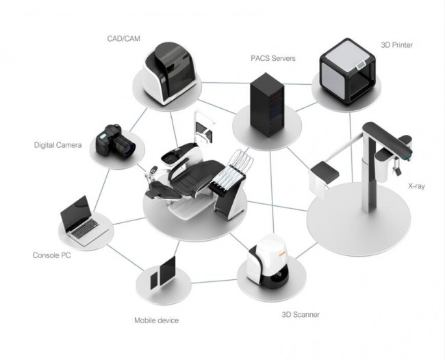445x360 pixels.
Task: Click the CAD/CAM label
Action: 123,38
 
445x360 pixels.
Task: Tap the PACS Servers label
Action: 273,58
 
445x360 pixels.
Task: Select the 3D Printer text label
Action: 397,44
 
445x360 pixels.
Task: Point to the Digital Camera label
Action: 58,145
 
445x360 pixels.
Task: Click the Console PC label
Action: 51,255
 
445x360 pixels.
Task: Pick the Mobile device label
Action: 156,320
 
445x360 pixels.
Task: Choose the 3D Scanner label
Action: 301,314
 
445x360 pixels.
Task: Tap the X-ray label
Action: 417,186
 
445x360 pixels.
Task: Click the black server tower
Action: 267,105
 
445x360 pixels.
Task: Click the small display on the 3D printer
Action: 361,65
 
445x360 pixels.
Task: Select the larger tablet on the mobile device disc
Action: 168,271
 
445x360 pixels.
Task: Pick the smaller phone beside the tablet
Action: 154,281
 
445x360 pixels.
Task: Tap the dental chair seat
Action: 193,178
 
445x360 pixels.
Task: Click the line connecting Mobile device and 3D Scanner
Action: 214,281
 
